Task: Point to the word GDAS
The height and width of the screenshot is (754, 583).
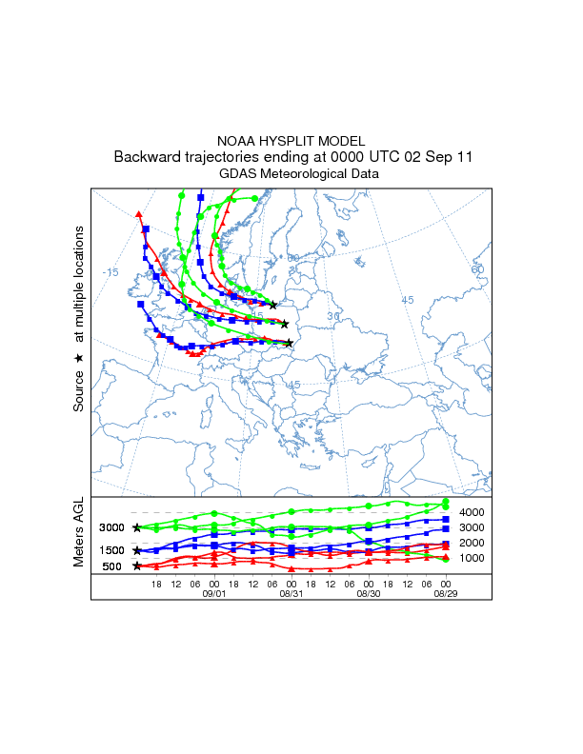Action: (238, 174)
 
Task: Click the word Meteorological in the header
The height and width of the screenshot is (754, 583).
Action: (305, 174)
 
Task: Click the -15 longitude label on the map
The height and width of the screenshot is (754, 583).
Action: (111, 272)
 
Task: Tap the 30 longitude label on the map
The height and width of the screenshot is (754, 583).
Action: (333, 316)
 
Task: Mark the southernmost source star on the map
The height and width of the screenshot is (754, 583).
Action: (289, 343)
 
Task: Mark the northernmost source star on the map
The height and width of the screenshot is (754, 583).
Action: (273, 305)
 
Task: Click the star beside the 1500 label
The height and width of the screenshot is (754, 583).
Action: (137, 550)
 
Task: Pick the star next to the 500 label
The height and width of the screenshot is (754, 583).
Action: (137, 565)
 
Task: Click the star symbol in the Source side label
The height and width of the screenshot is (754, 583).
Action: (79, 357)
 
